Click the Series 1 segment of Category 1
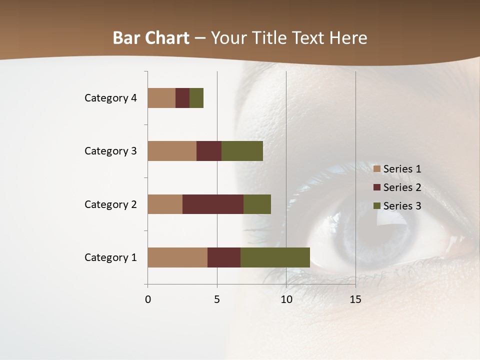click(x=177, y=257)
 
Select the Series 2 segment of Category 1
click(x=224, y=257)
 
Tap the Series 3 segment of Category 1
click(x=275, y=257)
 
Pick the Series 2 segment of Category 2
click(x=213, y=204)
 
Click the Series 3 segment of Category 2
click(x=257, y=204)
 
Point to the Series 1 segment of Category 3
click(x=172, y=151)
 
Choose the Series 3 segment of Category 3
click(x=242, y=151)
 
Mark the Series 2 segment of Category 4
click(x=182, y=98)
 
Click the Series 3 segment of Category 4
click(x=196, y=98)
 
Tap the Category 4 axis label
click(x=110, y=98)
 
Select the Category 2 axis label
click(x=110, y=204)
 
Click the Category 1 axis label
click(x=110, y=257)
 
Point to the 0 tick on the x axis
click(x=147, y=299)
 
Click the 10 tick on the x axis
click(x=286, y=299)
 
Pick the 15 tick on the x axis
click(x=355, y=299)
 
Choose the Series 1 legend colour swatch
click(x=377, y=169)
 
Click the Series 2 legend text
click(x=402, y=187)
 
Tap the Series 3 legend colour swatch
click(x=377, y=206)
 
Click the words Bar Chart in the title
click(x=151, y=38)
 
